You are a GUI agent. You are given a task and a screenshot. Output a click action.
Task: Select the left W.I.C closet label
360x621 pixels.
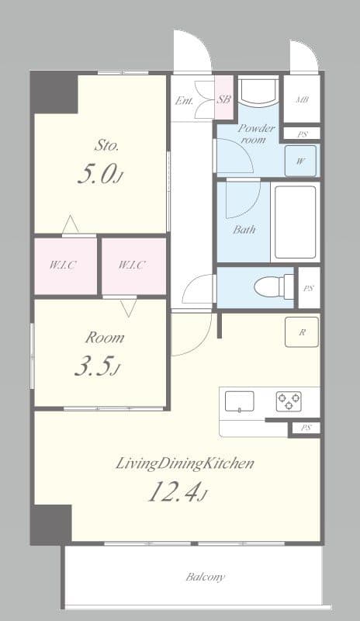coord(63,265)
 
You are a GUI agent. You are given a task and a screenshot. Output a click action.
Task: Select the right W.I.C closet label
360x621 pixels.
coord(132,265)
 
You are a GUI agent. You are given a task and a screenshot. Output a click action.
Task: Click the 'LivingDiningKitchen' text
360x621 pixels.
coord(185,464)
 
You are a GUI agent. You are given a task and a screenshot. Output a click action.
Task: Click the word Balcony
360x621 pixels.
coord(206,577)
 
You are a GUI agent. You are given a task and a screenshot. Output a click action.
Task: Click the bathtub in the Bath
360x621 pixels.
coord(295,222)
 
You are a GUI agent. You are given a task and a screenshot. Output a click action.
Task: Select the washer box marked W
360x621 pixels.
coord(299,162)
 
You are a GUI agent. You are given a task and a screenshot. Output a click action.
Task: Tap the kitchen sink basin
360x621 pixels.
coord(240,401)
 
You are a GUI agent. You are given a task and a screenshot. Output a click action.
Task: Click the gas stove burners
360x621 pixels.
coord(289,401)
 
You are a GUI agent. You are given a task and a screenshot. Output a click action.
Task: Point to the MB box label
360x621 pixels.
coord(302,99)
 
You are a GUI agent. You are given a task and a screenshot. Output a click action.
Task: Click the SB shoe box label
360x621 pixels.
coord(223,99)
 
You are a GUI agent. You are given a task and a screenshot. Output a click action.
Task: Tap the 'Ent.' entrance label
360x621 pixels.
coord(184,100)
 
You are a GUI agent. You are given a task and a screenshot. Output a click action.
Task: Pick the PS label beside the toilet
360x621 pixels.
coord(309,288)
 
